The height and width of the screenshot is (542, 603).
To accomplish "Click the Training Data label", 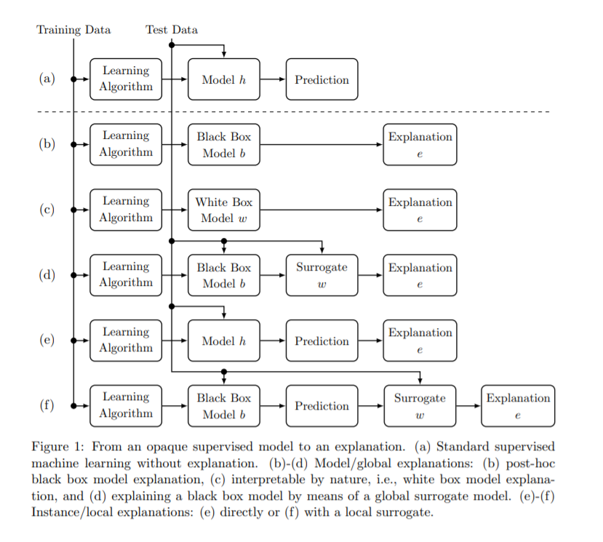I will click(73, 30).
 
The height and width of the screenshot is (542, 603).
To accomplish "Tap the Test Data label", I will click(171, 30).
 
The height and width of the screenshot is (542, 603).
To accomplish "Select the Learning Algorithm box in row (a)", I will click(126, 79).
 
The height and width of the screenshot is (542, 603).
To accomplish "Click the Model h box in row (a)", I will click(224, 79).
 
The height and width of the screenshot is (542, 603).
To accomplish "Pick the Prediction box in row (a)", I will click(322, 79).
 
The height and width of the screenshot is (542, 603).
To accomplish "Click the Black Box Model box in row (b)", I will click(224, 144).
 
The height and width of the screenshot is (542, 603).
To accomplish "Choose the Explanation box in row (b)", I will click(420, 144).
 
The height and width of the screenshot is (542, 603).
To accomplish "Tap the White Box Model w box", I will click(224, 210).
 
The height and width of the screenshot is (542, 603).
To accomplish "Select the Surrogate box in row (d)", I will click(322, 275).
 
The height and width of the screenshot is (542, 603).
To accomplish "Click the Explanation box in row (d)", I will click(420, 275).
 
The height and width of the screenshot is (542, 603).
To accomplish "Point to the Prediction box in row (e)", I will click(322, 340).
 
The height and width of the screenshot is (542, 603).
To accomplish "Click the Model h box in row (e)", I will click(224, 340).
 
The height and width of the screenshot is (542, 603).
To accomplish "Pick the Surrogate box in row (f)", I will click(420, 406).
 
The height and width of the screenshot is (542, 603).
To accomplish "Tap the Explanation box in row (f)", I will click(518, 406).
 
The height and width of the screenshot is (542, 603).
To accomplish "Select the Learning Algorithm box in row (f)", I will click(126, 406).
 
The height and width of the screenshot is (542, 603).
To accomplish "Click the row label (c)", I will click(47, 210).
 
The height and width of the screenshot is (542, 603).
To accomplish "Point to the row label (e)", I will click(47, 340).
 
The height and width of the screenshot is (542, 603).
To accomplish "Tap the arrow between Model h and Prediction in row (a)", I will click(273, 79).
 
